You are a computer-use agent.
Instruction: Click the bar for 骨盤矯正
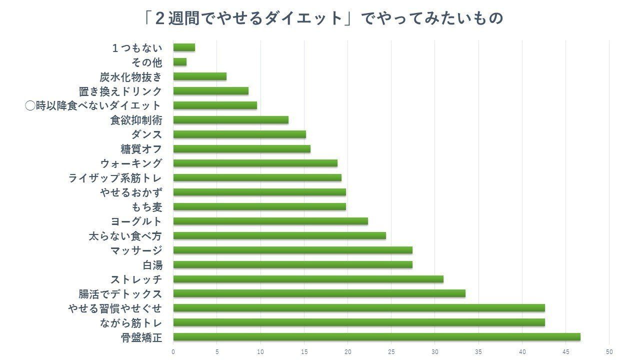(376, 337)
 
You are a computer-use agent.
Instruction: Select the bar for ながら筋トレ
(359, 322)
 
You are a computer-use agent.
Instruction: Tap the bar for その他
(180, 62)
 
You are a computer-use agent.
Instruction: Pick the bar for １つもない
(184, 47)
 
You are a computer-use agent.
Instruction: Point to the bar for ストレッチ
(308, 279)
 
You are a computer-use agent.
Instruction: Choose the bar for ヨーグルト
(270, 221)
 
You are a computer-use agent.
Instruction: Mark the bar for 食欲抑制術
(230, 120)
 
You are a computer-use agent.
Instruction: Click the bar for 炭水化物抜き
(199, 76)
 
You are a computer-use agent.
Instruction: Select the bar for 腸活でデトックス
(319, 293)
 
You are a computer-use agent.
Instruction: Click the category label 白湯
(152, 265)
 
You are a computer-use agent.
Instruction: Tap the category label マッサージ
(136, 250)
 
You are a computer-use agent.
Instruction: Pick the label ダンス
(146, 134)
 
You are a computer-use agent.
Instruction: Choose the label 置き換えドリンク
(120, 91)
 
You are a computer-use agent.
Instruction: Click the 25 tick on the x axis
(391, 352)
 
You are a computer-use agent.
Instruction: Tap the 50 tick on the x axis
(609, 352)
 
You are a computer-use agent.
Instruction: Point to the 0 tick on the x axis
(173, 352)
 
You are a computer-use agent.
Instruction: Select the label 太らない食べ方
(125, 236)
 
